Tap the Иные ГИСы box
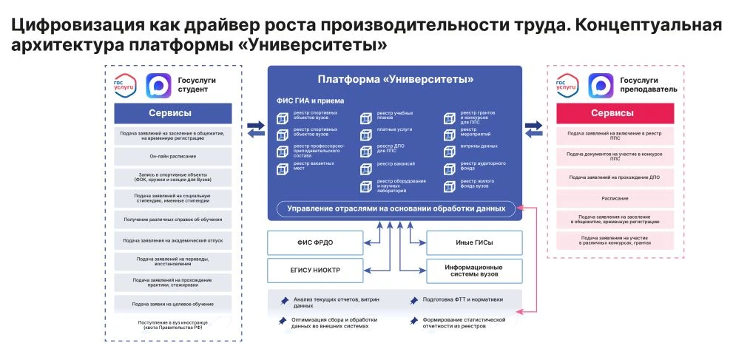click(474, 242)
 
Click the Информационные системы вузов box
click(474, 270)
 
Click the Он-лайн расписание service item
click(172, 156)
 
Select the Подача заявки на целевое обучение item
click(172, 304)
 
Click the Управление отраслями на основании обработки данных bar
click(396, 209)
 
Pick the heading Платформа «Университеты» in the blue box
click(395, 79)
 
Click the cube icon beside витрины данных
click(449, 149)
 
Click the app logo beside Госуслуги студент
click(158, 85)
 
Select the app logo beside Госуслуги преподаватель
click(601, 85)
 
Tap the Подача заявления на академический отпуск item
click(172, 240)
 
